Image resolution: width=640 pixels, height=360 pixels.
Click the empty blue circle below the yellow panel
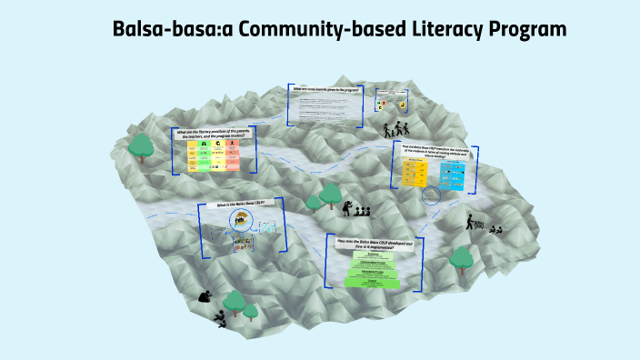pos(432,195)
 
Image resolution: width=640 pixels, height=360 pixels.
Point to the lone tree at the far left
pos(141,145)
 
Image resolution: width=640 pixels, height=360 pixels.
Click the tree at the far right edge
pos(463,260)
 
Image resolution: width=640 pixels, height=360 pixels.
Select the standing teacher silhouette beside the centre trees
pos(346,206)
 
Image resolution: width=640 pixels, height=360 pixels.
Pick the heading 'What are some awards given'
pos(324,91)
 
